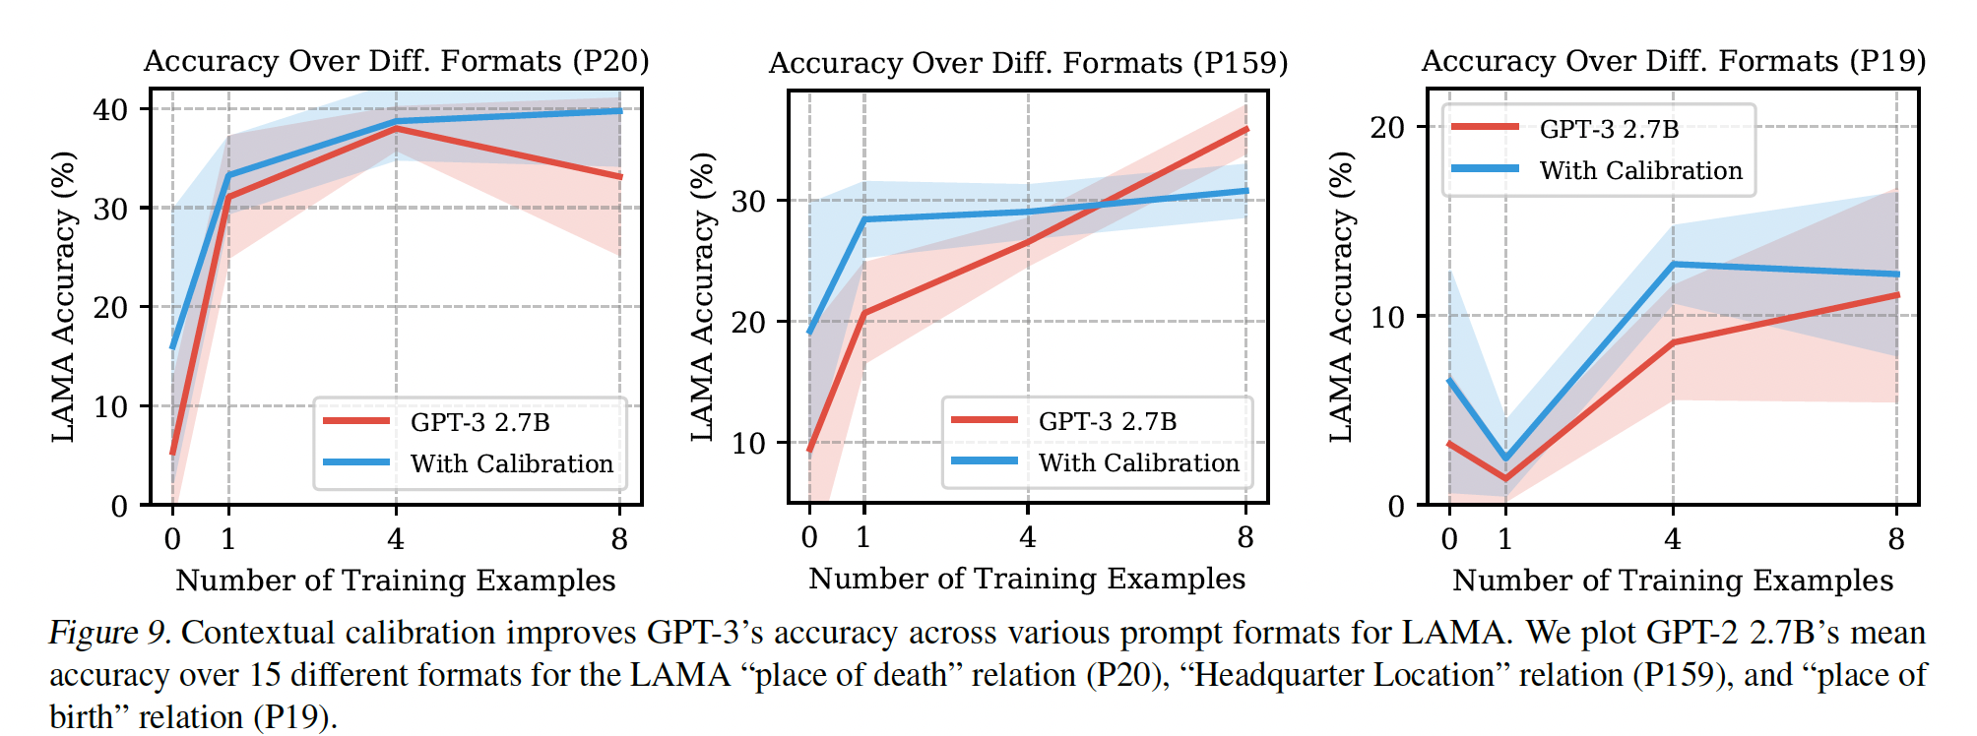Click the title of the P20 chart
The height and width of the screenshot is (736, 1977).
(396, 61)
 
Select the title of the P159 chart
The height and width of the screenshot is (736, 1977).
(1028, 63)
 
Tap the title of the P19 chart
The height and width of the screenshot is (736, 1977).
(1673, 61)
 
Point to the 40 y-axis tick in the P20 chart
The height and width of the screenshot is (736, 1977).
(110, 109)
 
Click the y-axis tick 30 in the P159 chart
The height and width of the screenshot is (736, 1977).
(748, 201)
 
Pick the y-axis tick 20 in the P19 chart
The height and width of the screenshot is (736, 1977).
(1387, 127)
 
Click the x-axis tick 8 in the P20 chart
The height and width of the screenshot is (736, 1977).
(619, 539)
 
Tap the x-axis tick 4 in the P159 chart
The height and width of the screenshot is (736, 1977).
(1028, 537)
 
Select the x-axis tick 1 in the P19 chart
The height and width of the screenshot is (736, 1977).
(1505, 539)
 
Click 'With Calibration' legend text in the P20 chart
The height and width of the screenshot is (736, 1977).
(512, 463)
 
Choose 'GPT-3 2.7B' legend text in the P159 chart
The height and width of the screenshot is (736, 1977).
(1108, 421)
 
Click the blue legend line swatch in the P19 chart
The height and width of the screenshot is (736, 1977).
(1486, 169)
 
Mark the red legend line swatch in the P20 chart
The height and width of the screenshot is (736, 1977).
(356, 421)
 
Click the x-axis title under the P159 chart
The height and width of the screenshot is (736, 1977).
(1027, 579)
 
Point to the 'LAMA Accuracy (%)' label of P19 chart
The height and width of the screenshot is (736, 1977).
(1341, 296)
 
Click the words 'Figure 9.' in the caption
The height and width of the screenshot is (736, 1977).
(110, 633)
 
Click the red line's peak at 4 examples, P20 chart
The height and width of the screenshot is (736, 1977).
(396, 128)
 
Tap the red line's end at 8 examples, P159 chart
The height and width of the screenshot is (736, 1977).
(1246, 129)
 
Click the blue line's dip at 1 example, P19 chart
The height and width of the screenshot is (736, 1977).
(1505, 458)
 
